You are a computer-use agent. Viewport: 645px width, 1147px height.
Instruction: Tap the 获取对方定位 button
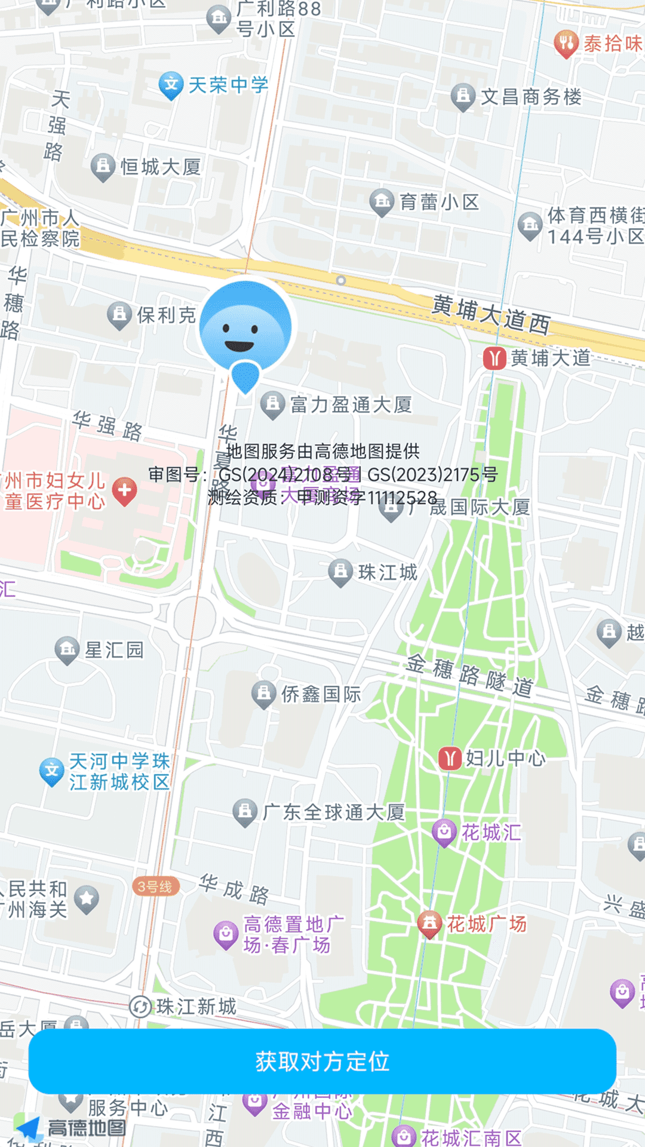(x=322, y=1062)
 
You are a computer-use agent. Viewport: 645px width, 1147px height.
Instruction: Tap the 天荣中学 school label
(x=228, y=85)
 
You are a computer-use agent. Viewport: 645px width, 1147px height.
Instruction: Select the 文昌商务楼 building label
(x=530, y=97)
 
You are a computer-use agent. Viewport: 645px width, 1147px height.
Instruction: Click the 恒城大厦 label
(x=160, y=167)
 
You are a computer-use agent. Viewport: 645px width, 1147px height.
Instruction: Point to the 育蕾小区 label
(x=439, y=203)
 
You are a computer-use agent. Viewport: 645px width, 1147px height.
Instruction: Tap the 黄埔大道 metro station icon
(x=494, y=358)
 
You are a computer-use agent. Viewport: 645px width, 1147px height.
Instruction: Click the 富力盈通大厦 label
(x=351, y=405)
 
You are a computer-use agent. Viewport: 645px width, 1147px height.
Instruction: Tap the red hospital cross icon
(x=125, y=490)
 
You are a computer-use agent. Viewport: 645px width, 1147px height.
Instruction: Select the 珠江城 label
(x=387, y=572)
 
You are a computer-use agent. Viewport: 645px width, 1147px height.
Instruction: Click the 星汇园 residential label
(x=113, y=650)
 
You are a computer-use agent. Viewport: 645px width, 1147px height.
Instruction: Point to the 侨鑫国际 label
(x=321, y=694)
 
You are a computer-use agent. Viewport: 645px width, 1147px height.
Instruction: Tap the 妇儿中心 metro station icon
(x=450, y=759)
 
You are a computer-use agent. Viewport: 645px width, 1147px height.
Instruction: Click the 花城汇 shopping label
(x=490, y=832)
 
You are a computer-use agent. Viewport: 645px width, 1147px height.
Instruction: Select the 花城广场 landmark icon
(x=429, y=924)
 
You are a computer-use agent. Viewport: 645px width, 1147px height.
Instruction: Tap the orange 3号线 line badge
(x=155, y=887)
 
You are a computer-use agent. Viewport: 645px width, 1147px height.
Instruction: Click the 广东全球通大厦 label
(x=333, y=812)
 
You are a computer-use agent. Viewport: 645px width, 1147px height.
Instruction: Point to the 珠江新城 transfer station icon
(x=141, y=1007)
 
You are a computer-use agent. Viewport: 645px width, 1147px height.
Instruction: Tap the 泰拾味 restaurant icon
(x=566, y=43)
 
